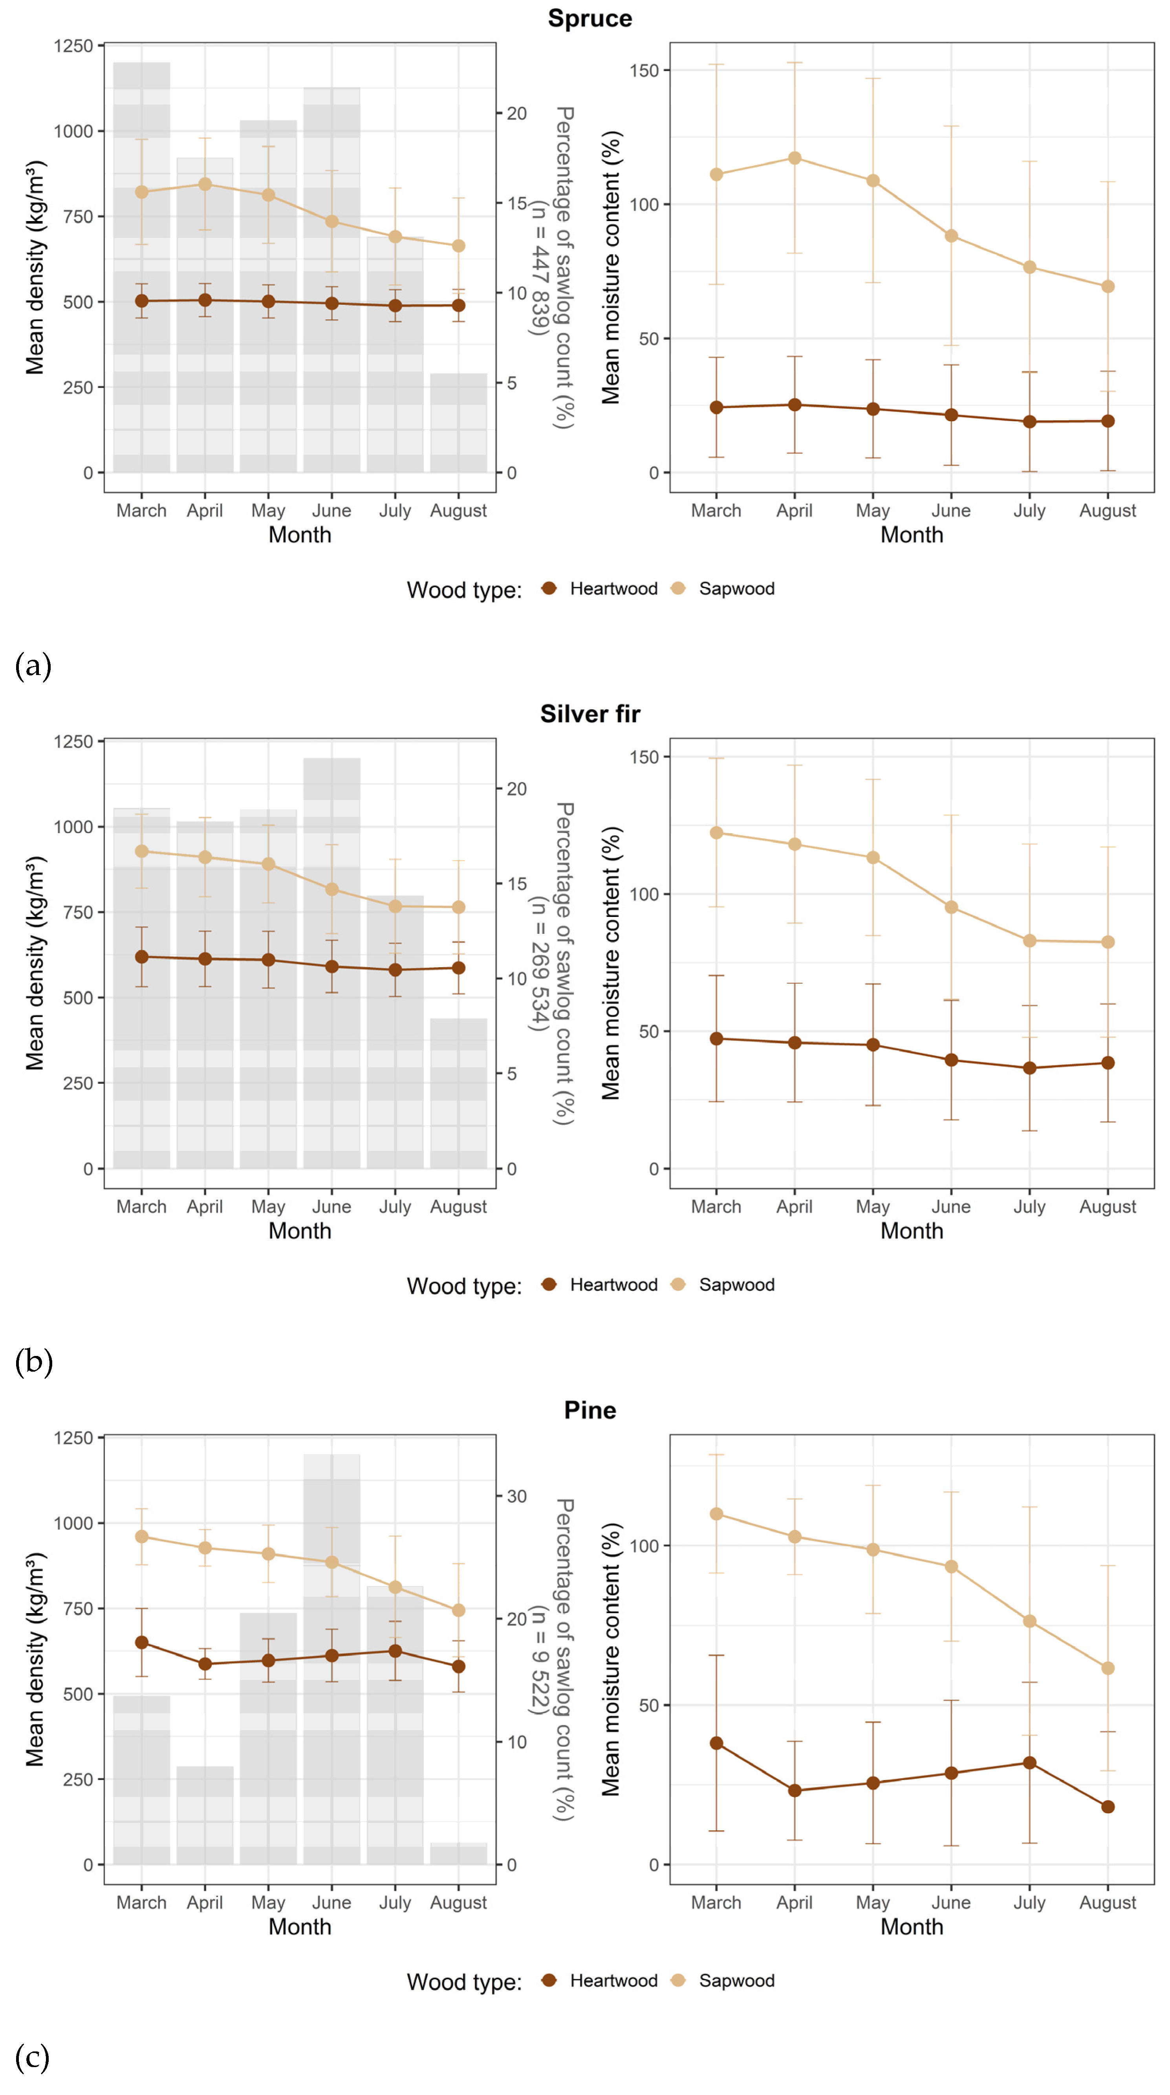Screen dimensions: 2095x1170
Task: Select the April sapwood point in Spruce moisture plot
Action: [x=794, y=158]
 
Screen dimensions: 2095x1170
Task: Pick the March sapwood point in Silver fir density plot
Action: [x=141, y=851]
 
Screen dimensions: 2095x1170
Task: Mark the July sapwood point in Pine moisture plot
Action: [x=1029, y=1621]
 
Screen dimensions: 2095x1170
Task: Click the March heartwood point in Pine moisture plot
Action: [x=716, y=1743]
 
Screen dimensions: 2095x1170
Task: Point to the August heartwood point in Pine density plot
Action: [x=458, y=1665]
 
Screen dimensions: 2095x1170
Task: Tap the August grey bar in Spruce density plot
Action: [x=458, y=423]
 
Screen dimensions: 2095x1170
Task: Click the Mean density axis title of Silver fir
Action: [x=34, y=963]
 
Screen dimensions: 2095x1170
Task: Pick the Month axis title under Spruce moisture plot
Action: [x=911, y=535]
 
